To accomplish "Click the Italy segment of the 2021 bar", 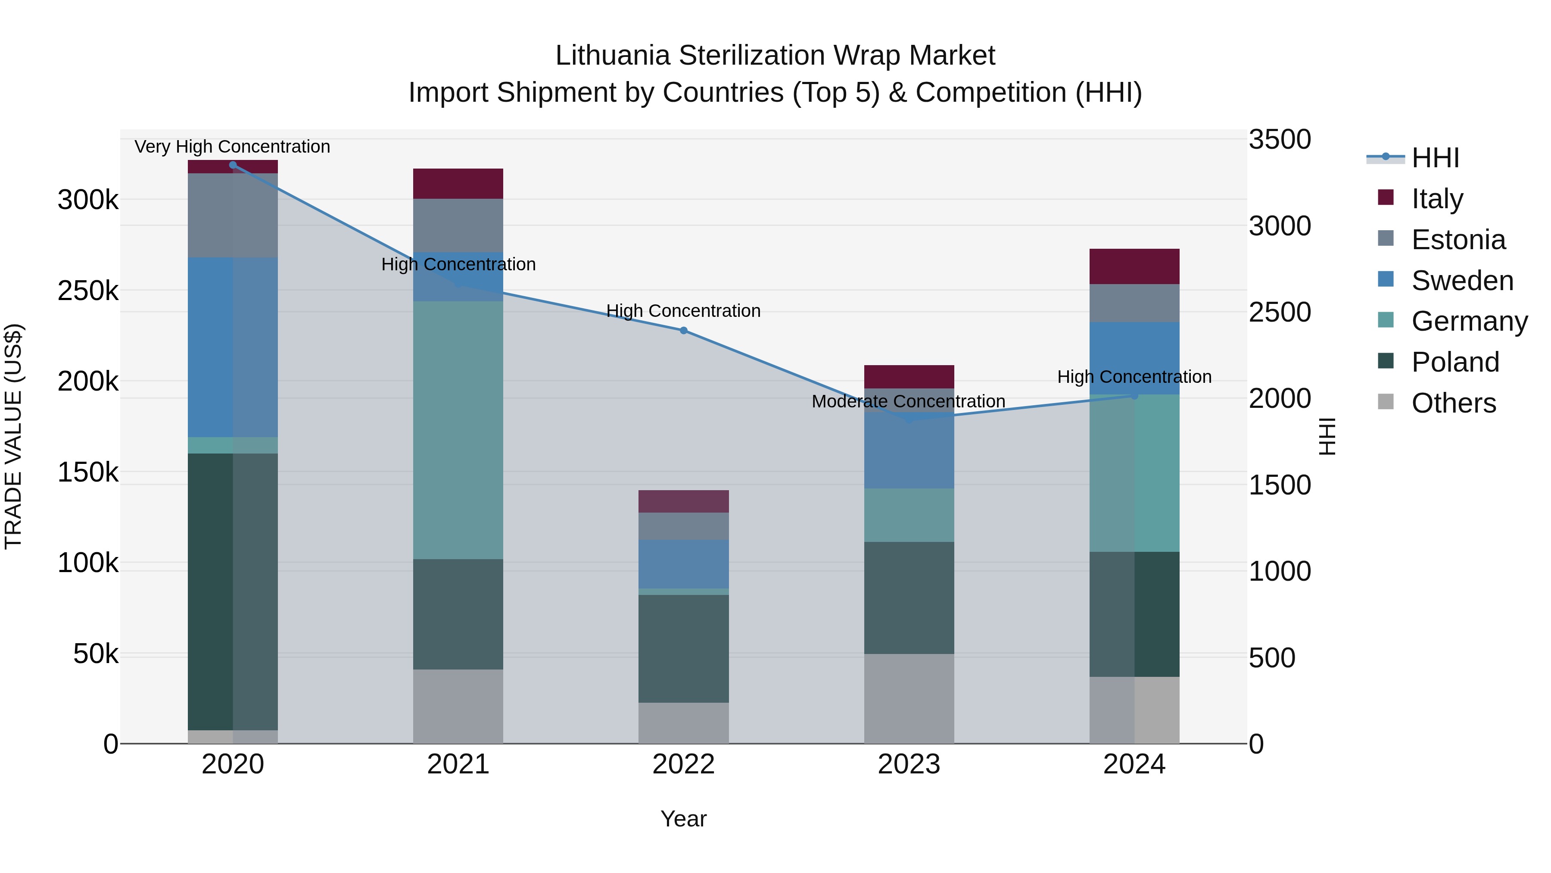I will pyautogui.click(x=458, y=183).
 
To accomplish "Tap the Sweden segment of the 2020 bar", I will pyautogui.click(x=232, y=347).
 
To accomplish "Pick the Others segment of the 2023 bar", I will pyautogui.click(x=909, y=698).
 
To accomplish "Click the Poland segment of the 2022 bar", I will pyautogui.click(x=683, y=648).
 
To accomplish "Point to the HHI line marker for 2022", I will pyautogui.click(x=683, y=331).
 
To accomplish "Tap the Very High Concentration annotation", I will pyautogui.click(x=232, y=147).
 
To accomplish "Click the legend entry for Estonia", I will pyautogui.click(x=1458, y=240).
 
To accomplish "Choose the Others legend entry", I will pyautogui.click(x=1453, y=403).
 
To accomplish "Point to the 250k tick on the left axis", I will pyautogui.click(x=88, y=291).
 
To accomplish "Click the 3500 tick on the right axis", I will pyautogui.click(x=1280, y=139).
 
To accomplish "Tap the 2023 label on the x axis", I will pyautogui.click(x=909, y=764).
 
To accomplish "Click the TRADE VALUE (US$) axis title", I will pyautogui.click(x=13, y=436).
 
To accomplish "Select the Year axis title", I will pyautogui.click(x=683, y=819).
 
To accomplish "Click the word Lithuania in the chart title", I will pyautogui.click(x=612, y=56).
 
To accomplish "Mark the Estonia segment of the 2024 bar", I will pyautogui.click(x=1134, y=303).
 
